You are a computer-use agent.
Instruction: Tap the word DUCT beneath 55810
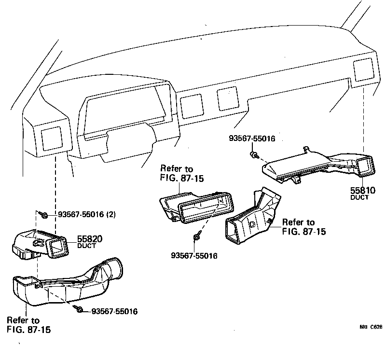pyautogui.click(x=359, y=198)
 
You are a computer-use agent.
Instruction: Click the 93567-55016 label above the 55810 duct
pyautogui.click(x=251, y=138)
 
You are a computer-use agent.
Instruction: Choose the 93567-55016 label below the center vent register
pyautogui.click(x=194, y=256)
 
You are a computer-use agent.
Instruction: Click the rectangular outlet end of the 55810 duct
pyautogui.click(x=365, y=167)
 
